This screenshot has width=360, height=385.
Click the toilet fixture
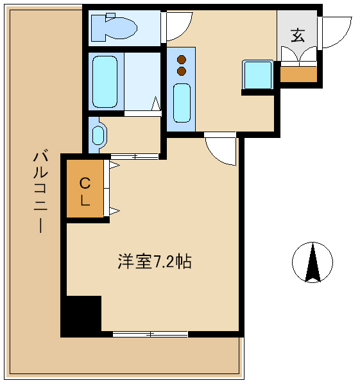pos(114,28)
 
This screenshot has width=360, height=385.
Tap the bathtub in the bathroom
pos(105,81)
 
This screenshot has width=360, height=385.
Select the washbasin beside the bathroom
pos(98,135)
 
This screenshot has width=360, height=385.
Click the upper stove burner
pos(182,60)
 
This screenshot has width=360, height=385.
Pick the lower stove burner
pos(182,71)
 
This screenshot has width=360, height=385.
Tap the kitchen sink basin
pos(182,103)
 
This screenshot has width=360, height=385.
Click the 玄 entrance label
pos(298,35)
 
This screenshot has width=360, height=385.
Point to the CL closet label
pos(85,191)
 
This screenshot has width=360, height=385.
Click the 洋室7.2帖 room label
pos(155,262)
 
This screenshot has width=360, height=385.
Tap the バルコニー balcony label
pos(40,191)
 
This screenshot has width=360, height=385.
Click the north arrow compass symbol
pos(313,262)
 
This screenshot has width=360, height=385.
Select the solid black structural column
pos(81,316)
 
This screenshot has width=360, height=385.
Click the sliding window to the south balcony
pos(150,334)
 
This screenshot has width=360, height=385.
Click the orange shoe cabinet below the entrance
pos(298,74)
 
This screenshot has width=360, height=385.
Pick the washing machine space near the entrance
pos(257,75)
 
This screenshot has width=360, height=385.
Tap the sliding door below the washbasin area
pos(134,157)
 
